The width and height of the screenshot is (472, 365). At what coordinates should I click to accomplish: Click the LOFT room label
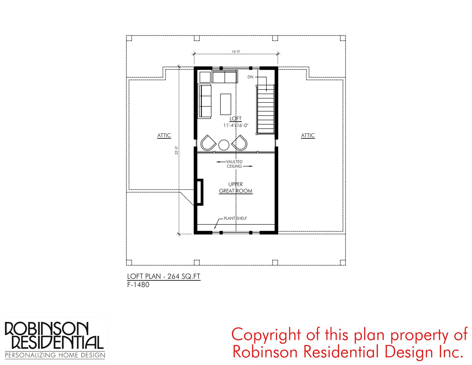click(235, 118)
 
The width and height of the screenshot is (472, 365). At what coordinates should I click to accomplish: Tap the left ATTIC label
click(164, 136)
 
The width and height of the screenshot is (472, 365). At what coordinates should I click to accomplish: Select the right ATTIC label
click(308, 136)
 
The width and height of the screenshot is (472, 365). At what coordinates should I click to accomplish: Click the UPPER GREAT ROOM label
click(236, 188)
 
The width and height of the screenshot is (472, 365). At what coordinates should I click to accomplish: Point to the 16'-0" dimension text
click(236, 51)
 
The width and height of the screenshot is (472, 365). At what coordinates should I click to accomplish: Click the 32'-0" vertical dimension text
click(177, 150)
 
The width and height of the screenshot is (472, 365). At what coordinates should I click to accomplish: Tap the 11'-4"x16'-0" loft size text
click(236, 126)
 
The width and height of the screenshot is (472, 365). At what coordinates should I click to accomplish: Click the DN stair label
click(250, 77)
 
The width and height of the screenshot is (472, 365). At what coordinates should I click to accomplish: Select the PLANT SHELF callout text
click(235, 218)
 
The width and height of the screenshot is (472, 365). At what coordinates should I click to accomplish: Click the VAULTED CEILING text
click(234, 164)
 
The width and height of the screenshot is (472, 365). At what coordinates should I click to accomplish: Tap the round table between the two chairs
click(224, 145)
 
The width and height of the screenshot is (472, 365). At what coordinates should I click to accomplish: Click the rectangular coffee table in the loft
click(225, 104)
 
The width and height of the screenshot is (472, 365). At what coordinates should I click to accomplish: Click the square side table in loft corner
click(205, 77)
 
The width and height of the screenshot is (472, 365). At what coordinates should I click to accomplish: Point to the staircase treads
click(265, 109)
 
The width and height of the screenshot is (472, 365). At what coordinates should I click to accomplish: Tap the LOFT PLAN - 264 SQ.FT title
click(164, 276)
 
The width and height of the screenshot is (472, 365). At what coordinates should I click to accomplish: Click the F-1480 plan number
click(138, 285)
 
